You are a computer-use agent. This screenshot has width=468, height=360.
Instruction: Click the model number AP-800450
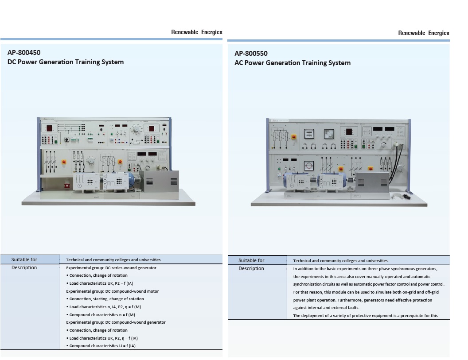[24, 53]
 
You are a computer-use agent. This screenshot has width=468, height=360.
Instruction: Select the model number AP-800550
[251, 54]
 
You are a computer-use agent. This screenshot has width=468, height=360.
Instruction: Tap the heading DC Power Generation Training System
[66, 62]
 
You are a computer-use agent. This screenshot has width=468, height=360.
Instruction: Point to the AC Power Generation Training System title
[292, 63]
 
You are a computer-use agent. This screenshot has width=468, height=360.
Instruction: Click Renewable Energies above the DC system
[197, 32]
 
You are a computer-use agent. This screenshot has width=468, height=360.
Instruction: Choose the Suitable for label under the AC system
[251, 260]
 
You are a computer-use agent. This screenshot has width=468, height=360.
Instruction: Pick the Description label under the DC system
[24, 267]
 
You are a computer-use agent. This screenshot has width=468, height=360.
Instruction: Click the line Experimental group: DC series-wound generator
[111, 268]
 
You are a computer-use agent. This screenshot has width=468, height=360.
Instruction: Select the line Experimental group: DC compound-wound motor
[113, 291]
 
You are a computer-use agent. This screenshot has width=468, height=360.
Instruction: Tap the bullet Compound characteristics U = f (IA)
[103, 346]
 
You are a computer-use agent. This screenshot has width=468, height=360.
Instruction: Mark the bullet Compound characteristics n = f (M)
[102, 315]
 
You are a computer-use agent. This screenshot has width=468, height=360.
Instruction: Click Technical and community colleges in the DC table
[114, 260]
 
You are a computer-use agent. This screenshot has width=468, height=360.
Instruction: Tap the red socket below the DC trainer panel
[67, 186]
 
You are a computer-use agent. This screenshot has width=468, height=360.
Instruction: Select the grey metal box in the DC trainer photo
[161, 184]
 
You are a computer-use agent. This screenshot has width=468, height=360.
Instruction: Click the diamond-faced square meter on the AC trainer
[328, 133]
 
